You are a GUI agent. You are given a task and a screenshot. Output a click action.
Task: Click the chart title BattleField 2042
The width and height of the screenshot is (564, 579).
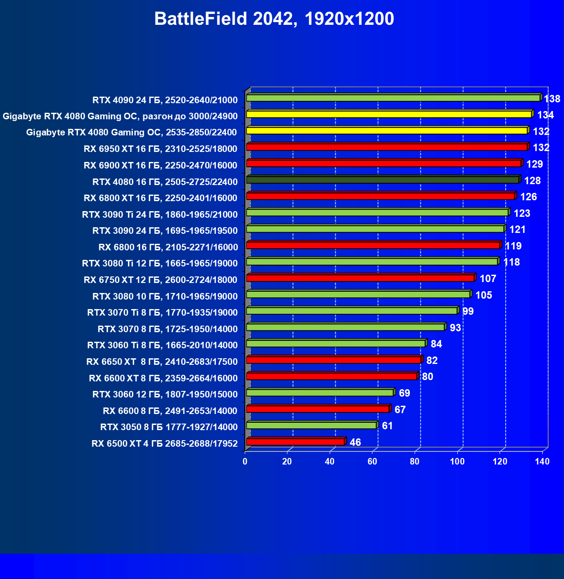(274, 19)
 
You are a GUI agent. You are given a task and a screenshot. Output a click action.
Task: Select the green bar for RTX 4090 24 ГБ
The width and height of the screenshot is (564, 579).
(393, 98)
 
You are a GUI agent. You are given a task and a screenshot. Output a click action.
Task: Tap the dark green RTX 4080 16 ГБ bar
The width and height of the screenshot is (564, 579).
(383, 180)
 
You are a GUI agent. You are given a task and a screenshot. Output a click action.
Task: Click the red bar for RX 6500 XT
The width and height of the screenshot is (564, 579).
(296, 442)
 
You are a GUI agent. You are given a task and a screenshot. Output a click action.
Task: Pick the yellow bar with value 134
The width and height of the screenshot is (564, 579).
(389, 114)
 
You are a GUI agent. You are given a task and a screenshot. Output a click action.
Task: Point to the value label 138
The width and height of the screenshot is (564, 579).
(552, 99)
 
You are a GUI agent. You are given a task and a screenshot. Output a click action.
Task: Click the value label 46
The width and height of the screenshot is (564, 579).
(355, 442)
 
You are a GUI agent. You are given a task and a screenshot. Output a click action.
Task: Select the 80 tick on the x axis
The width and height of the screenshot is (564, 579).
(415, 461)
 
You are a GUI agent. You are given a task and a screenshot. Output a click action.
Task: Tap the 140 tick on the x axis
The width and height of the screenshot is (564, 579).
(542, 461)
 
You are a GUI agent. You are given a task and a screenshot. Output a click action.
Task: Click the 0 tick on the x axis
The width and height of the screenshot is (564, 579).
(245, 461)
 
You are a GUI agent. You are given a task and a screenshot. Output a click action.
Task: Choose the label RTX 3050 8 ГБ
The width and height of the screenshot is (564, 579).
(169, 427)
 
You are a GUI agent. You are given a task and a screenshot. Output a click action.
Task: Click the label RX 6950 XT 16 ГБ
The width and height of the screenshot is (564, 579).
(160, 149)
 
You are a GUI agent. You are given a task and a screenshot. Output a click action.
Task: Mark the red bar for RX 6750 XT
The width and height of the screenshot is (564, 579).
(361, 278)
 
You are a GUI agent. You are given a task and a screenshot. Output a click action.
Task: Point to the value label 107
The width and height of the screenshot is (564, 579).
(488, 279)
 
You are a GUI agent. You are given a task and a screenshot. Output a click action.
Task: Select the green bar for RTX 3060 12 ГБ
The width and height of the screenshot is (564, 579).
(320, 393)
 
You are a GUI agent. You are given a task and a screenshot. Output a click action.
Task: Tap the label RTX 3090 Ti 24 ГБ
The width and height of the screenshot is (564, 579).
(160, 214)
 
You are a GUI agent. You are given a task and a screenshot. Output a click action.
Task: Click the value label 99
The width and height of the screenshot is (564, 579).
(468, 311)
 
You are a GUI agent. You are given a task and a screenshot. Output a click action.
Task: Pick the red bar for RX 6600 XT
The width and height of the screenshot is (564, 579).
(332, 376)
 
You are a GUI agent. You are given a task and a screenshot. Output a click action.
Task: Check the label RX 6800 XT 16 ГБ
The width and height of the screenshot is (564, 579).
(160, 198)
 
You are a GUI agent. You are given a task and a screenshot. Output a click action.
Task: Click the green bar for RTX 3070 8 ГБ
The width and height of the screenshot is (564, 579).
(345, 327)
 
